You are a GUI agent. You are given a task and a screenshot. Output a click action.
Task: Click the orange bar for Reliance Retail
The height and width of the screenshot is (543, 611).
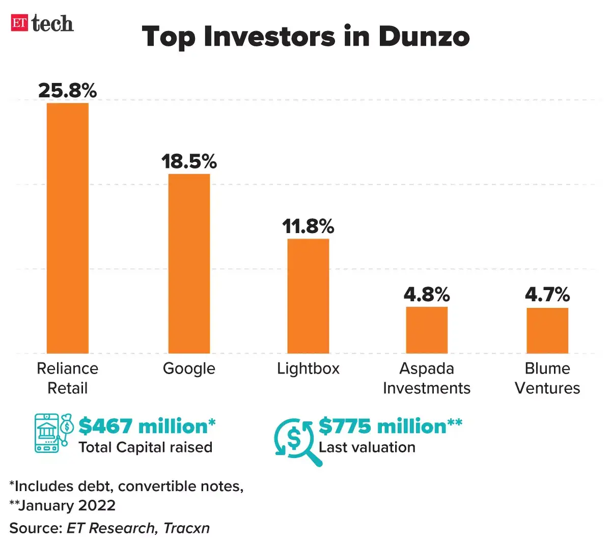click(68, 228)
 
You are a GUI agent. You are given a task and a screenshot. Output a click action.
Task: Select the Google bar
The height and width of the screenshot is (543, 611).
click(189, 264)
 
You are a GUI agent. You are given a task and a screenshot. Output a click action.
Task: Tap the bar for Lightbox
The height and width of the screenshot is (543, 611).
click(308, 296)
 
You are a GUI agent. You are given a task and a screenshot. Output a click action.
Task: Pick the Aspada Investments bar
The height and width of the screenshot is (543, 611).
click(427, 330)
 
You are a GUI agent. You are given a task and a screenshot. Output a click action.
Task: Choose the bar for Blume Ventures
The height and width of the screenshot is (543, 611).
click(547, 330)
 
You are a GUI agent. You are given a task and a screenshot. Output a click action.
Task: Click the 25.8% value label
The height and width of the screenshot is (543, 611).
click(68, 91)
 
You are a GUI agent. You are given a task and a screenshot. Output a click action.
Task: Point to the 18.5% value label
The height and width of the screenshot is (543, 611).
click(189, 162)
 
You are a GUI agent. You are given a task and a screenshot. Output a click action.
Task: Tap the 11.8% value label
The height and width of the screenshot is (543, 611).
click(308, 226)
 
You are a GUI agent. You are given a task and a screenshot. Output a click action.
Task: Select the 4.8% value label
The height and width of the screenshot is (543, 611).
click(427, 295)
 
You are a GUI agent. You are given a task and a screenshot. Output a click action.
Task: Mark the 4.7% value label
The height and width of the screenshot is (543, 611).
click(547, 295)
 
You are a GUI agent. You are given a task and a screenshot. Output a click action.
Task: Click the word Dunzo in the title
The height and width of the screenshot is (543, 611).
click(424, 37)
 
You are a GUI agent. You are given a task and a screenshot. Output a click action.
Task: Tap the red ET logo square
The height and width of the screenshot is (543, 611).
click(19, 23)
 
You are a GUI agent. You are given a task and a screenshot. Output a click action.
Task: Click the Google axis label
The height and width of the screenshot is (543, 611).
click(189, 368)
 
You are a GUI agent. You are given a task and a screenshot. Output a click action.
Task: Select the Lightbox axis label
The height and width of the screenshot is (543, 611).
click(308, 368)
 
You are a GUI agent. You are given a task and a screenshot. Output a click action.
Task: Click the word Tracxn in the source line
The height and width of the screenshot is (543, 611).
click(186, 528)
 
